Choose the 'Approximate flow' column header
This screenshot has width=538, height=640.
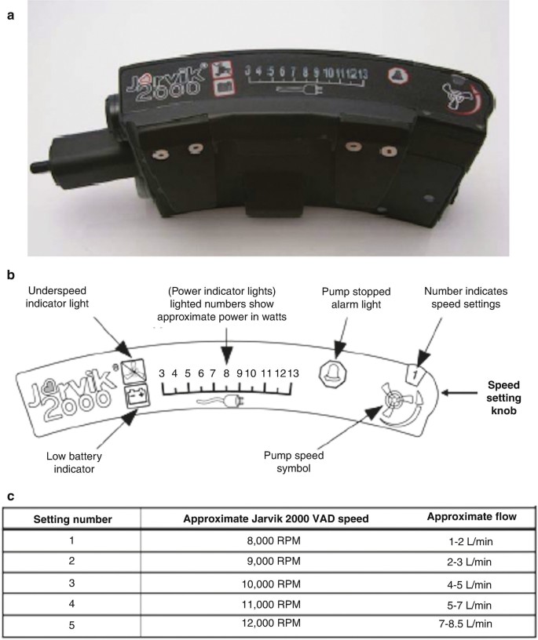[x=468, y=515]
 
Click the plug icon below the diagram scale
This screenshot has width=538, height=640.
[x=230, y=405]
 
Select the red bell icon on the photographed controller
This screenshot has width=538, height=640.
[x=396, y=75]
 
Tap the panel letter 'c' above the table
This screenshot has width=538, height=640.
[x=8, y=495]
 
